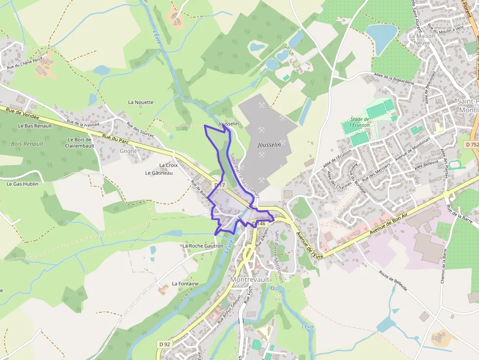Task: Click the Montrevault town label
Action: [x=251, y=279]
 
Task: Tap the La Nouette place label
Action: [x=141, y=102]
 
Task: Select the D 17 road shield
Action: [x=219, y=185]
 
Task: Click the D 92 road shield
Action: [x=165, y=344]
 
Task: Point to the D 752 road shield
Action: [x=471, y=145]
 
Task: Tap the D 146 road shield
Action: [x=259, y=223]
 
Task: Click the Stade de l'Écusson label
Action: [x=360, y=122]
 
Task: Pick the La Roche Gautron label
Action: [x=202, y=246]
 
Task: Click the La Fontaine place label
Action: [x=185, y=284]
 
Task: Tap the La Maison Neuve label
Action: [x=419, y=39]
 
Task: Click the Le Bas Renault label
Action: [x=35, y=126]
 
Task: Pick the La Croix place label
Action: [x=169, y=165]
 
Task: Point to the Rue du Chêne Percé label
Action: [x=25, y=63]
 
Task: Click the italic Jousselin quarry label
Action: [x=269, y=145]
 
